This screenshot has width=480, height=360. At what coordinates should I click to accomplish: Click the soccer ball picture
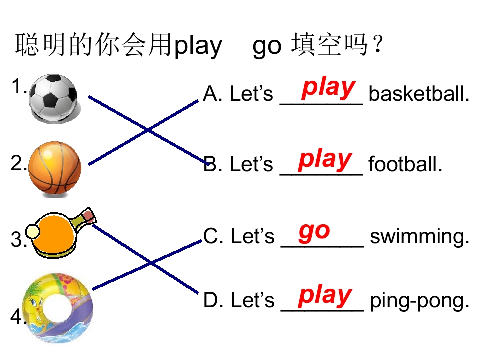(x=54, y=98)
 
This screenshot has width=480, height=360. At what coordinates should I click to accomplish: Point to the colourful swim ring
(x=57, y=308)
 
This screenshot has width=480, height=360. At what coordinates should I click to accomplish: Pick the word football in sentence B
(x=405, y=164)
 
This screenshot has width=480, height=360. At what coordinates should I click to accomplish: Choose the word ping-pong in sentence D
(x=419, y=301)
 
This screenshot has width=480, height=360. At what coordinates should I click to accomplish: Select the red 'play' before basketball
(x=328, y=89)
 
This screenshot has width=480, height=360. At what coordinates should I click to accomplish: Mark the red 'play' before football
(x=325, y=160)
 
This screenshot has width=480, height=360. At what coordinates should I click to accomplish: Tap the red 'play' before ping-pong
(x=325, y=296)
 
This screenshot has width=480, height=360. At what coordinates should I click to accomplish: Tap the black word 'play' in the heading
(x=198, y=47)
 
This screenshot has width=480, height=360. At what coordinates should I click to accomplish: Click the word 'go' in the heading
(x=267, y=48)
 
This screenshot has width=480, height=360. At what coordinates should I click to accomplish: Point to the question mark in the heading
(x=378, y=44)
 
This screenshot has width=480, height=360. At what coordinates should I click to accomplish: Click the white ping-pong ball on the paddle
(x=33, y=232)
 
